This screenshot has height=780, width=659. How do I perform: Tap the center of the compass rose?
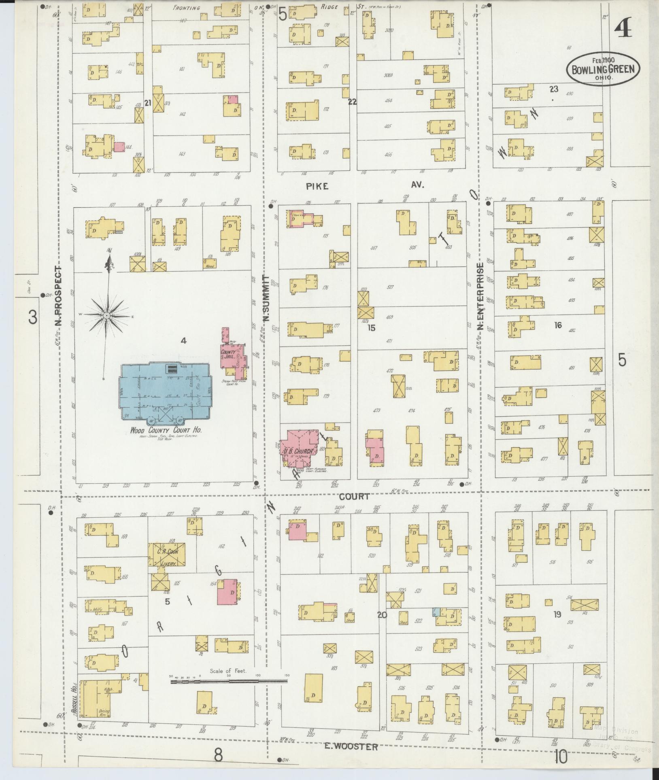point(106,315)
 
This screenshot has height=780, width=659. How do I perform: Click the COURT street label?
point(354,496)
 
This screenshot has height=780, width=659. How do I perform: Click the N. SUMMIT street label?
point(266,298)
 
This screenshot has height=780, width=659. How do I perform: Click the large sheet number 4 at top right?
point(622,28)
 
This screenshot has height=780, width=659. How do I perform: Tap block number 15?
point(371,328)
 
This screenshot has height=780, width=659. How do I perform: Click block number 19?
point(557,626)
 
